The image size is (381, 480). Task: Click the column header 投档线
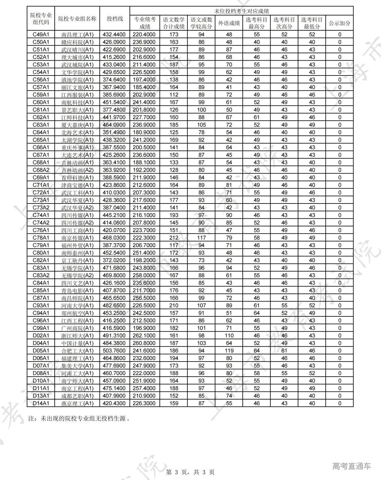115,19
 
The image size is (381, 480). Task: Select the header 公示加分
339,23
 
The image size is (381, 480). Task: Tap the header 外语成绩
229,23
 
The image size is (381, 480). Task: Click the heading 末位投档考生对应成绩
241,11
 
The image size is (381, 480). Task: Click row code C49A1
41,35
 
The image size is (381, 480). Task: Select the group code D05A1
41,351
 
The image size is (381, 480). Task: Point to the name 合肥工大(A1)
77,351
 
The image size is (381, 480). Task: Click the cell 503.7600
115,351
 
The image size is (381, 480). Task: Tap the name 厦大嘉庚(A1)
77,125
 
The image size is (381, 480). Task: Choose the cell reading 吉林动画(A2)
77,170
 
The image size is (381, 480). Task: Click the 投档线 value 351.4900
115,132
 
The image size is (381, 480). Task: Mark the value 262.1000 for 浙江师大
145,335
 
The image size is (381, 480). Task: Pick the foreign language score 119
229,351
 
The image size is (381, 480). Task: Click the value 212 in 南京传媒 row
174,238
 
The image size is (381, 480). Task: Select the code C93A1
41,305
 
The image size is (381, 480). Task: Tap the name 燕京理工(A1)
77,403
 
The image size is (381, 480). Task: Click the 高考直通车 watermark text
351,466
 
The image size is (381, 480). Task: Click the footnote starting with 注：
79,419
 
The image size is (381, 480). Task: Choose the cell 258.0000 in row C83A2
145,275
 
